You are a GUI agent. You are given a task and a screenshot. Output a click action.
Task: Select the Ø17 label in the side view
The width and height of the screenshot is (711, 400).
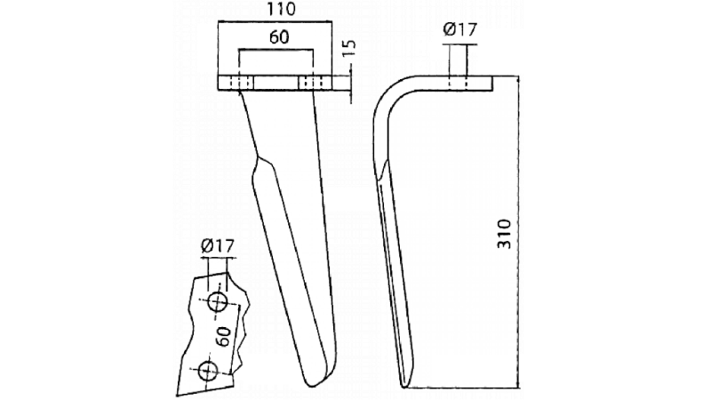pos(460,31)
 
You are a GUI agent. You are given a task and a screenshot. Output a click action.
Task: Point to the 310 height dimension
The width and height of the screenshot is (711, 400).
pos(504,232)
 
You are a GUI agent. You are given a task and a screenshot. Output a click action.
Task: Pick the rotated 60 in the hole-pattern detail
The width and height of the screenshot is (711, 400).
pos(224,336)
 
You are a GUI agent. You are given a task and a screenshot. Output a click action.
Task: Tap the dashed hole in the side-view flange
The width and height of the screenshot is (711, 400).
pos(460,83)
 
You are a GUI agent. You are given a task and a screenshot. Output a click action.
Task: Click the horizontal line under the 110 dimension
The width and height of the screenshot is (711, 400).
pos(276,23)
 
